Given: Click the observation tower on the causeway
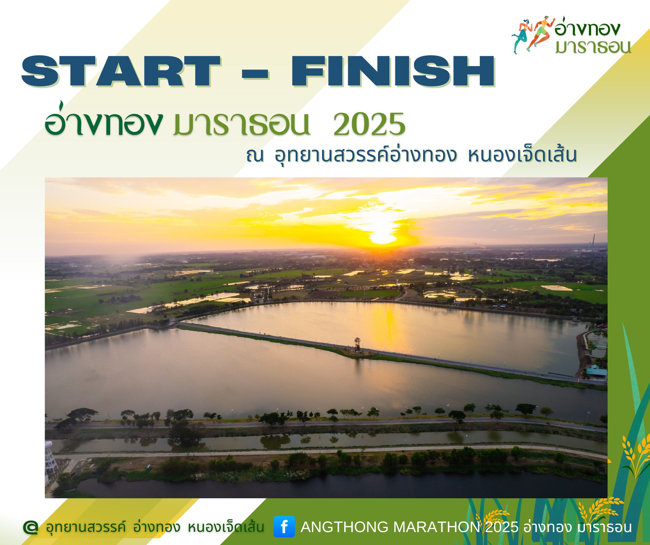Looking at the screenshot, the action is coord(357,344).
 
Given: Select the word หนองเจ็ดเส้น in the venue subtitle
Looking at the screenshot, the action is coord(522,156).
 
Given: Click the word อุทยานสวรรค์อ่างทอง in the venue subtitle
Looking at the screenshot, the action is coord(365,156).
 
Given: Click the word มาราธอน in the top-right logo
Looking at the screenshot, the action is coord(593,46).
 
